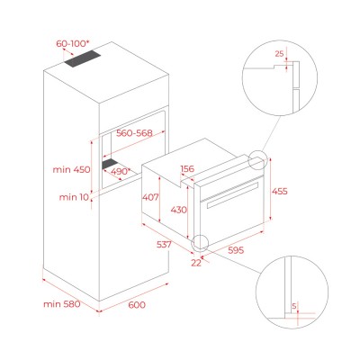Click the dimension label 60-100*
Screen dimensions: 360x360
tap(73, 44)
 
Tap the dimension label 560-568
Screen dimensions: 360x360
tap(134, 133)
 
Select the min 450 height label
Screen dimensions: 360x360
tap(71, 169)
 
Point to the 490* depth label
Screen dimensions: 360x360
tap(121, 172)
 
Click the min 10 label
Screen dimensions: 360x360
tap(74, 197)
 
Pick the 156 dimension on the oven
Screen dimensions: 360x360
tap(187, 169)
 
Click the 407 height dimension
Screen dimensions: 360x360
tap(150, 197)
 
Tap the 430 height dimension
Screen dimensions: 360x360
tap(179, 210)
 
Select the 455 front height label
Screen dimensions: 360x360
tap(279, 191)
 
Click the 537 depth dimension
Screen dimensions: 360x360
tap(164, 245)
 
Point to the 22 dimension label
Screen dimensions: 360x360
tap(196, 263)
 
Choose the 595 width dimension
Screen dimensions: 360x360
tap(236, 250)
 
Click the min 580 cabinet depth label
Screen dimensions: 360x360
tap(62, 304)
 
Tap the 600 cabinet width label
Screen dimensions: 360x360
tap(137, 305)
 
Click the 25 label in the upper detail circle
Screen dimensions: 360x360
tap(279, 54)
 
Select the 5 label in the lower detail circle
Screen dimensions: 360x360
tap(294, 306)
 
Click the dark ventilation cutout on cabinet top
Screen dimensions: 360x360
tap(82, 58)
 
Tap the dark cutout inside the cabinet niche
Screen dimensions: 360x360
tap(110, 164)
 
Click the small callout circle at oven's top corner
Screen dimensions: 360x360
tap(257, 159)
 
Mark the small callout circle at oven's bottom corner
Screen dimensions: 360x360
tap(200, 242)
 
